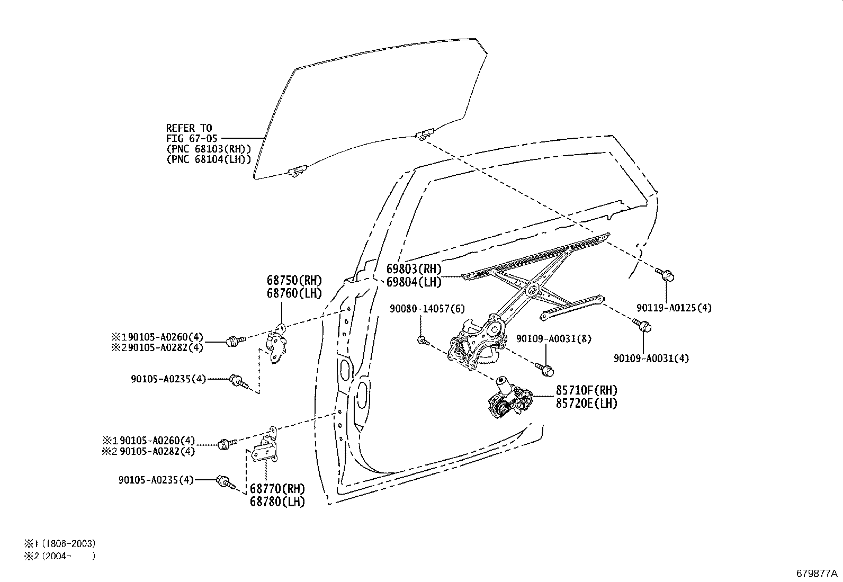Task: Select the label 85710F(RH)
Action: coord(586,390)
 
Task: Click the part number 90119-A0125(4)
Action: coord(674,308)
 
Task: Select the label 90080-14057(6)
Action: coord(427,308)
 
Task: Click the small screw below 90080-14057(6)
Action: coord(422,340)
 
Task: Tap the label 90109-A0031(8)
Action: coord(545,338)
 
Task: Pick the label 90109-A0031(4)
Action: coord(651,359)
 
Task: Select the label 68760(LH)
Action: coord(294,293)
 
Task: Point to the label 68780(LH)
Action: coord(277,501)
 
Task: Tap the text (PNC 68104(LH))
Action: coord(208,159)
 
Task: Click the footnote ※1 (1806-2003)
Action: coord(59,543)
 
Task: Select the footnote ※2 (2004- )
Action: coord(59,556)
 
